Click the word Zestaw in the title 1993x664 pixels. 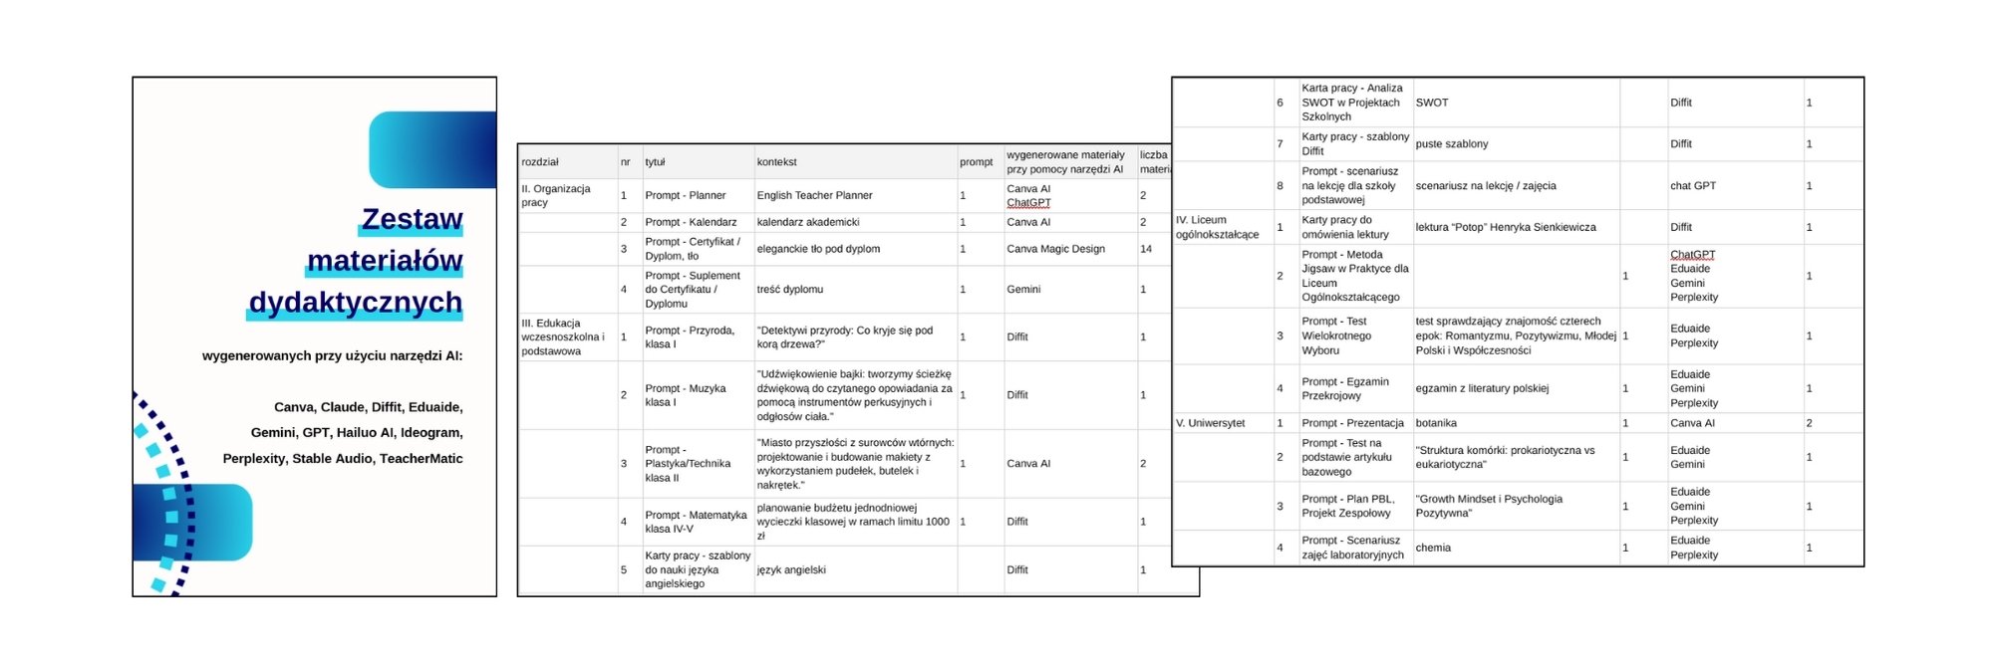(x=412, y=219)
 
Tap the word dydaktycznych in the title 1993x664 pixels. (x=355, y=302)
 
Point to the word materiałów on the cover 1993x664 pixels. (x=385, y=261)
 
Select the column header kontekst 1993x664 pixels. (x=776, y=162)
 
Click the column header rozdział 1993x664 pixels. (x=540, y=162)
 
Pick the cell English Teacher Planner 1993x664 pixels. (x=814, y=195)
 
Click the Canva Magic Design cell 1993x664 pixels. (x=1055, y=249)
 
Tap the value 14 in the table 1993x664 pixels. (x=1146, y=249)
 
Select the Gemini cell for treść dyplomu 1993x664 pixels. (x=1023, y=290)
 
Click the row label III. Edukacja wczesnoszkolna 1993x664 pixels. (x=563, y=336)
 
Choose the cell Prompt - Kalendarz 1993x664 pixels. (x=691, y=222)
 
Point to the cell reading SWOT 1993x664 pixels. (x=1432, y=103)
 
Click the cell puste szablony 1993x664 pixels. (x=1452, y=144)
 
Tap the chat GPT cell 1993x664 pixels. (x=1693, y=186)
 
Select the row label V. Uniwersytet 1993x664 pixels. (x=1210, y=423)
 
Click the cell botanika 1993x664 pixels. (x=1436, y=423)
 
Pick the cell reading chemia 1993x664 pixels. (x=1433, y=548)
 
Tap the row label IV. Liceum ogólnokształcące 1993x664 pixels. (x=1217, y=227)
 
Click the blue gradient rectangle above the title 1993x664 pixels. (x=432, y=149)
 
